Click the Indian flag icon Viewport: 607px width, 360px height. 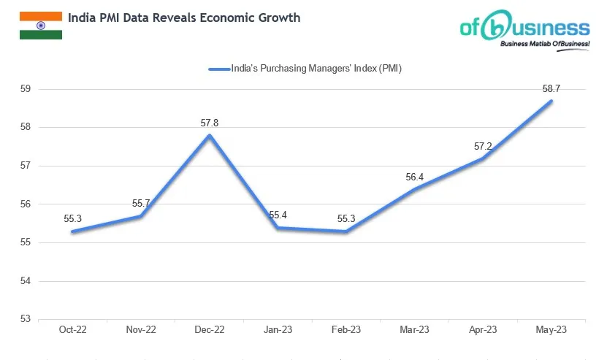[x=40, y=25]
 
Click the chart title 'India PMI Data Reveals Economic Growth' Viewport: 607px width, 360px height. [x=183, y=18]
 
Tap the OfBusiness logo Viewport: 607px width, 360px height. [x=524, y=31]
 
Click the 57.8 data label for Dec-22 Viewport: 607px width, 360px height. [x=210, y=123]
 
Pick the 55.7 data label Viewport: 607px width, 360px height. [x=142, y=203]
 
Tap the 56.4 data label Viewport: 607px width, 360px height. [x=415, y=176]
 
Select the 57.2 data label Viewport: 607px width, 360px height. [x=483, y=146]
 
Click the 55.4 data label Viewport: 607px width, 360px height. [x=278, y=215]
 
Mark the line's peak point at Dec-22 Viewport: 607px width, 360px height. [x=210, y=135]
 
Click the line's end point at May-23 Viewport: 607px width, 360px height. [x=551, y=101]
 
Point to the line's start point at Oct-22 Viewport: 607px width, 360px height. [x=73, y=231]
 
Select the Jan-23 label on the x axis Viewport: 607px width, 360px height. [x=278, y=330]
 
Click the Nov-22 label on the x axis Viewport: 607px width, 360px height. [x=141, y=330]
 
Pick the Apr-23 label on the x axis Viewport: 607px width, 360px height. [x=482, y=330]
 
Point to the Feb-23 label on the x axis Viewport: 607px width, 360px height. [x=346, y=330]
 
